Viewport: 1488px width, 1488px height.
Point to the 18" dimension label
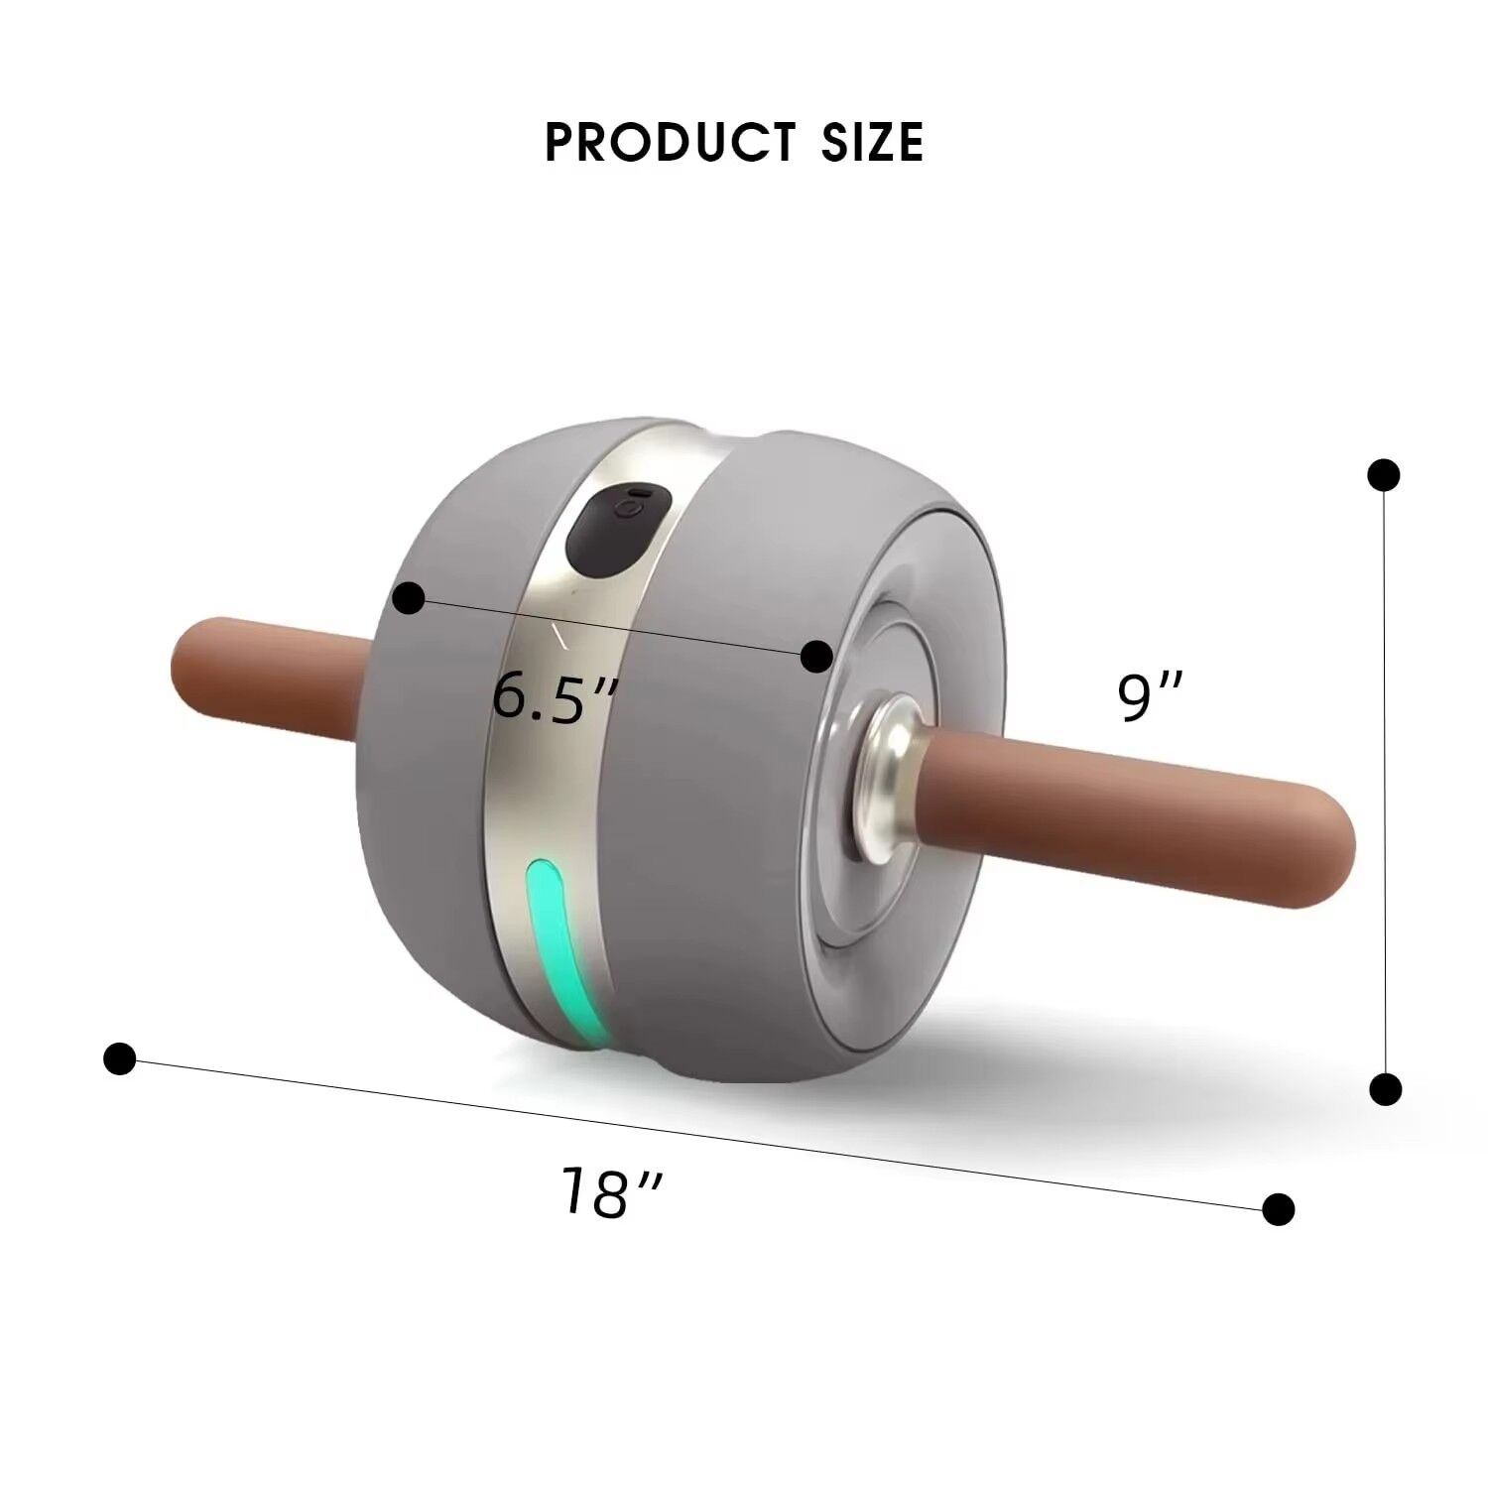609,1191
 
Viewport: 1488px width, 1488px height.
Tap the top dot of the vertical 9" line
1383,475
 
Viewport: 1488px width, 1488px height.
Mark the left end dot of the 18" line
119,1058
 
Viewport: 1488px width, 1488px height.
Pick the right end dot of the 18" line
1279,1208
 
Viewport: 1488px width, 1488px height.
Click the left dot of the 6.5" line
409,599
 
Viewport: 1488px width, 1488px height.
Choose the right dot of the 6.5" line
815,656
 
